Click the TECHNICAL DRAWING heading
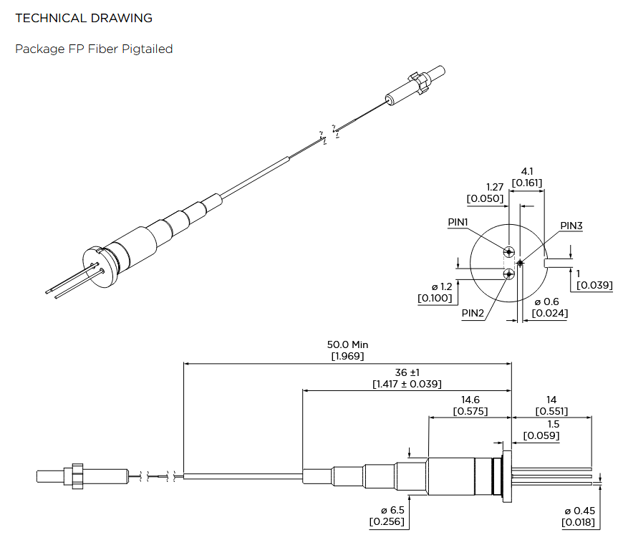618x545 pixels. [x=84, y=18]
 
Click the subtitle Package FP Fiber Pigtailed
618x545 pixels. [x=94, y=49]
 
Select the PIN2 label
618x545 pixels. [x=472, y=313]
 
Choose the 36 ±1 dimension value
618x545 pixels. [x=406, y=372]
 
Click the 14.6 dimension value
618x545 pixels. [x=470, y=400]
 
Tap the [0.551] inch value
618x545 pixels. [x=551, y=411]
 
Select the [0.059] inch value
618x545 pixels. [x=541, y=435]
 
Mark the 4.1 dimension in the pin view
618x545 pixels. [x=526, y=171]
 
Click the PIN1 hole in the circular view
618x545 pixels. [x=508, y=251]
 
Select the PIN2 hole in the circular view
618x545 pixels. [x=508, y=274]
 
